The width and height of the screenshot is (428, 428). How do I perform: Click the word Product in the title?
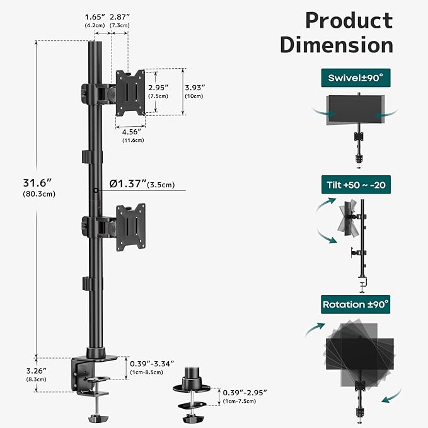[349, 20]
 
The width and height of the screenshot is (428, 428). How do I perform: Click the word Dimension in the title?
[337, 46]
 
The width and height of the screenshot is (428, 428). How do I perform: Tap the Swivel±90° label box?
[356, 79]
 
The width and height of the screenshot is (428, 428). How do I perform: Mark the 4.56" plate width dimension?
[130, 132]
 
